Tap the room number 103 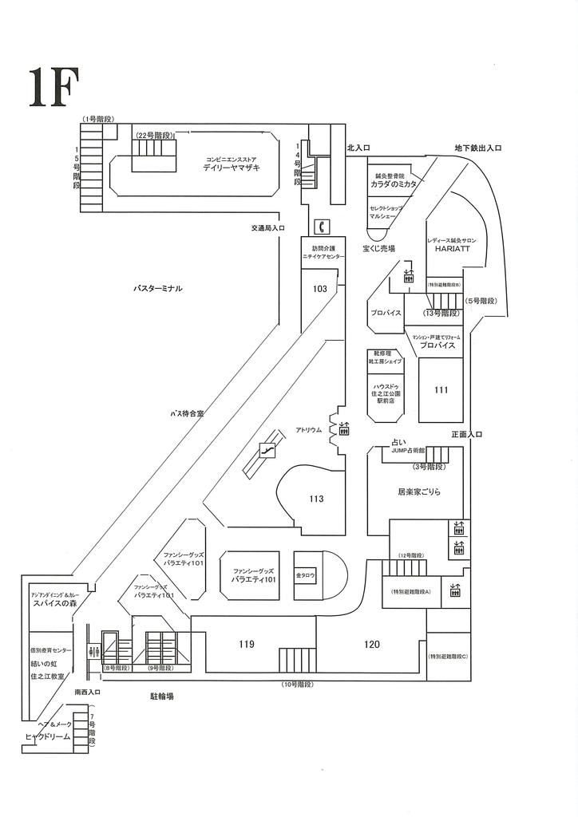point(320,289)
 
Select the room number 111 point(441,389)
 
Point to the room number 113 point(317,499)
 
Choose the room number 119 point(247,643)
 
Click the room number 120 point(372,643)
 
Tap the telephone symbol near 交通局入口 point(323,226)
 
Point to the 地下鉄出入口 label point(477,148)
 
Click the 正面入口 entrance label point(467,435)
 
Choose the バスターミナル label point(158,288)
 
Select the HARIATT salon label point(452,249)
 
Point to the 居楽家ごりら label point(419,492)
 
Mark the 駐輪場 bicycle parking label point(162,697)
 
